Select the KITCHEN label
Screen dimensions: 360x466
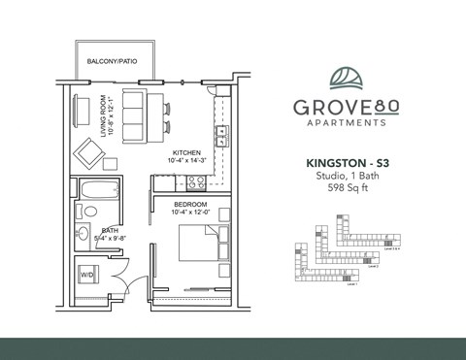point(187,153)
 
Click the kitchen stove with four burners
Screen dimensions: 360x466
point(194,181)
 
